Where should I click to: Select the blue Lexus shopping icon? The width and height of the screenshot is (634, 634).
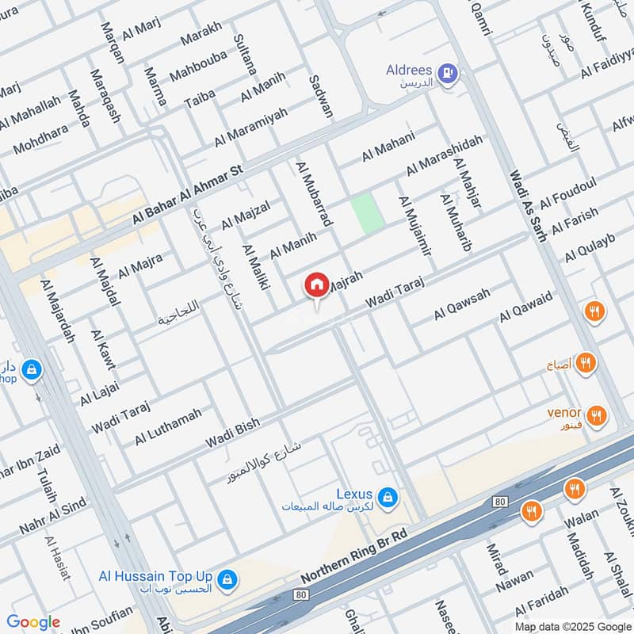point(387,497)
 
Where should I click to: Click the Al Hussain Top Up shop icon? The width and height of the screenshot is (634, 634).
point(227,579)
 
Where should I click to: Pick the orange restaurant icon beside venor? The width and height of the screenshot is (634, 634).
point(597,414)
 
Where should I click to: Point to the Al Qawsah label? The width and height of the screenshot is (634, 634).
point(462,304)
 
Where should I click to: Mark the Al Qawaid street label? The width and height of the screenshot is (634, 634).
point(525,306)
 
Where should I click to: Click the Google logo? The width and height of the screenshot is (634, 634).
point(33,621)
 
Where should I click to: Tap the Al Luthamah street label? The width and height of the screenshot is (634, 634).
point(168,426)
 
